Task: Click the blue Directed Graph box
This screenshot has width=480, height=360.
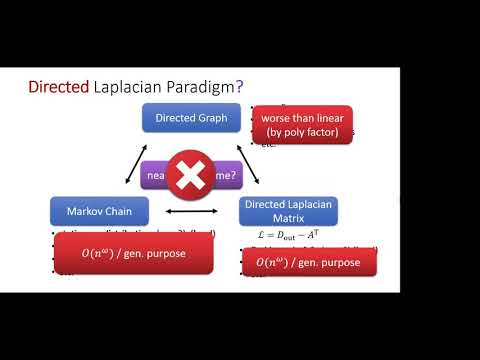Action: click(x=190, y=118)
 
